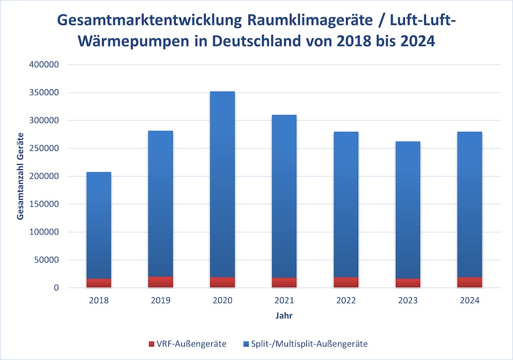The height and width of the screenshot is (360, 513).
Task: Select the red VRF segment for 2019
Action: [160, 282]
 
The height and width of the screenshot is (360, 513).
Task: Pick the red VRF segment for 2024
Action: [469, 282]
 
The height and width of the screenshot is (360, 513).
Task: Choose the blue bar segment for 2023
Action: [407, 210]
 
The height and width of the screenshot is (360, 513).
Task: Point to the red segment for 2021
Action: [284, 282]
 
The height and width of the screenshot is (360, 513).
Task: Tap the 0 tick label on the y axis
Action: [57, 288]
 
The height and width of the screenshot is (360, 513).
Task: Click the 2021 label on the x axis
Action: [284, 301]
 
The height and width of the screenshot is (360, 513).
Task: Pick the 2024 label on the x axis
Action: [469, 301]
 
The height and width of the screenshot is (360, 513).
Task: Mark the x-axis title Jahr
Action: [284, 316]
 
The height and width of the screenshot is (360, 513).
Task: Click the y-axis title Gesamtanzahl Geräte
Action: [20, 176]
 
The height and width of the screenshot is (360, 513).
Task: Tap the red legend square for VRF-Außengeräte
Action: [151, 344]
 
